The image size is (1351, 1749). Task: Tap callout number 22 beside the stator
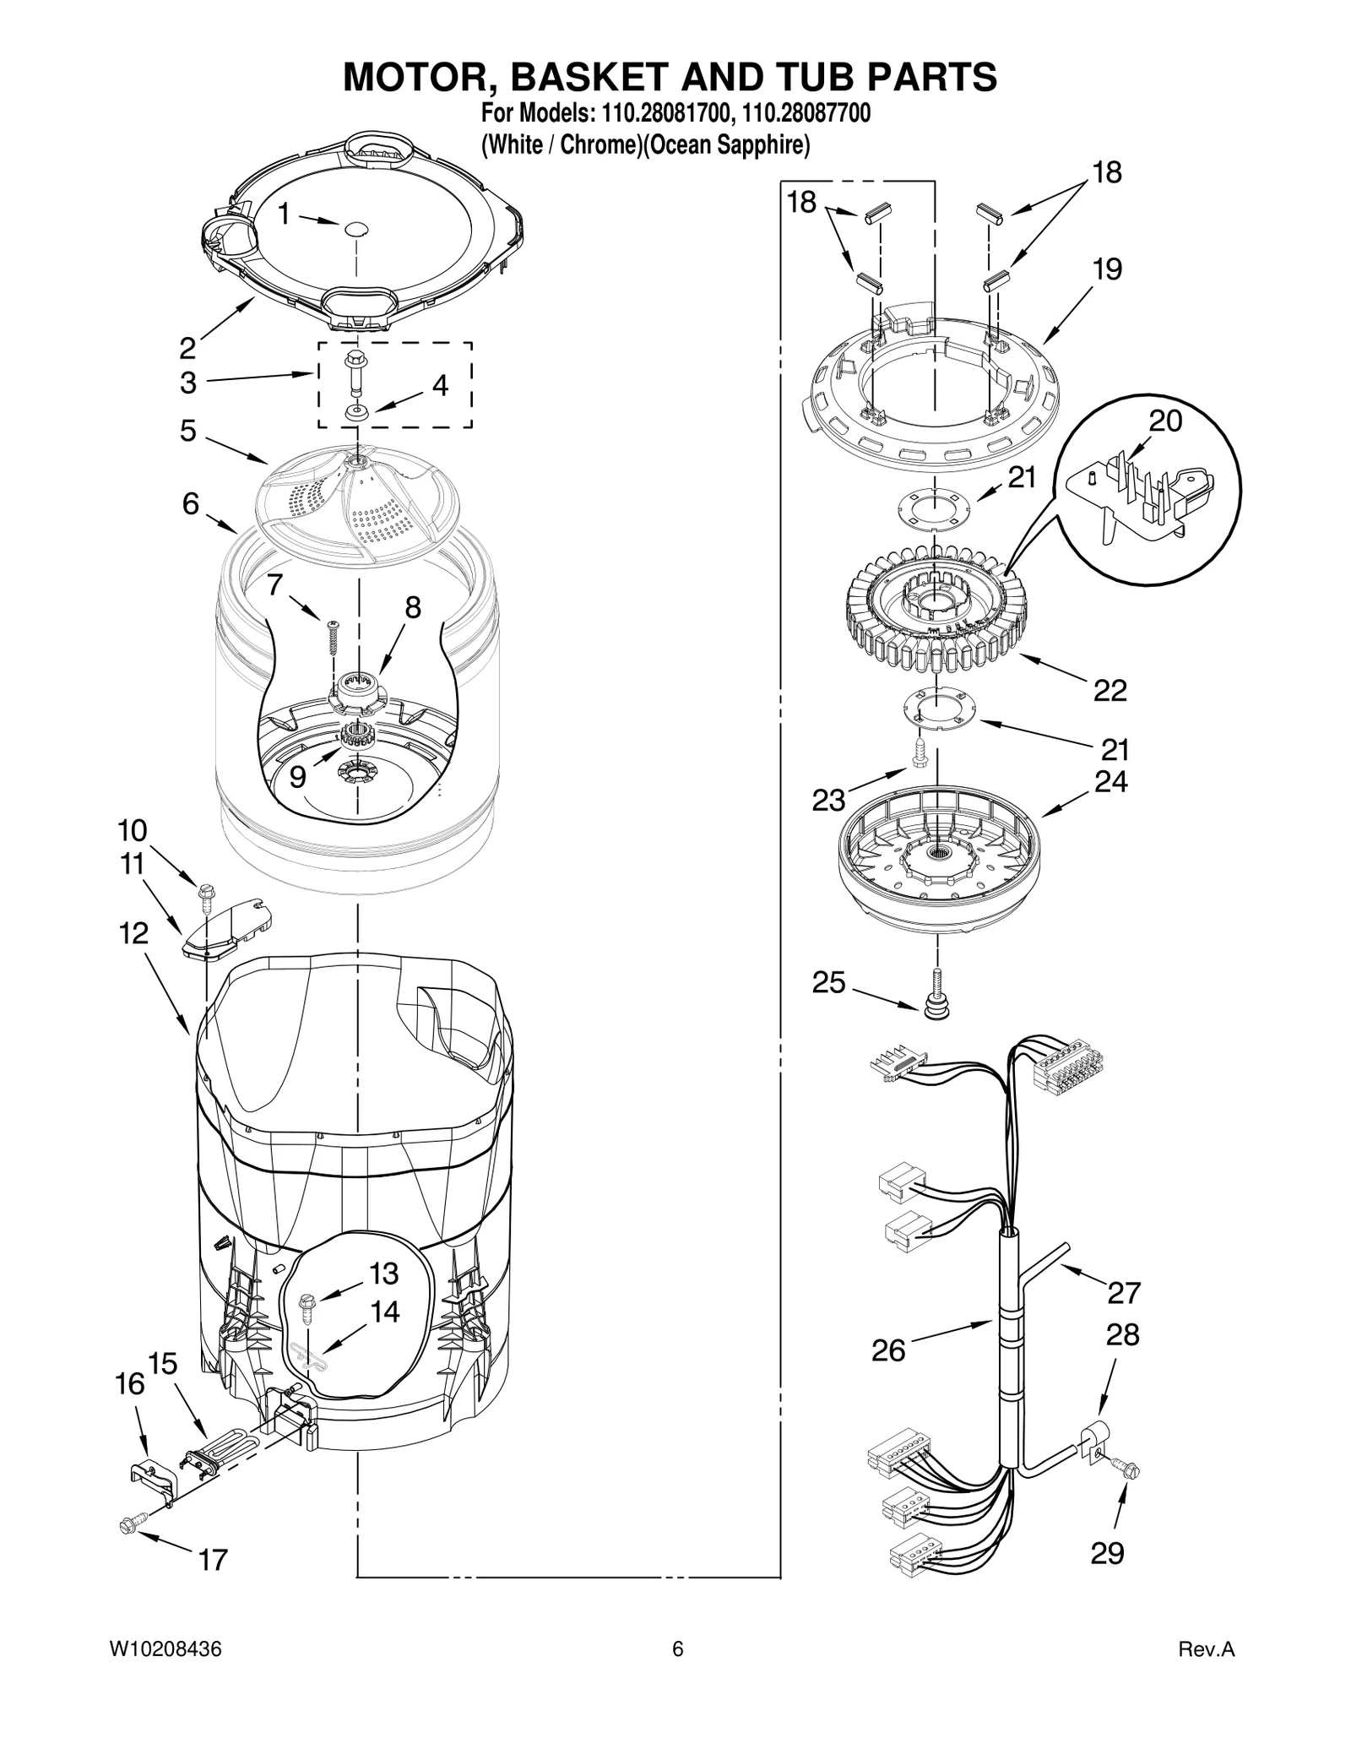(1110, 690)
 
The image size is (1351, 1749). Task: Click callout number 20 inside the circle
(1165, 421)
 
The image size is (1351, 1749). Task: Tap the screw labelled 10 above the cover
(204, 894)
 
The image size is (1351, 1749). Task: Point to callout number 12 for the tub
(133, 933)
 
